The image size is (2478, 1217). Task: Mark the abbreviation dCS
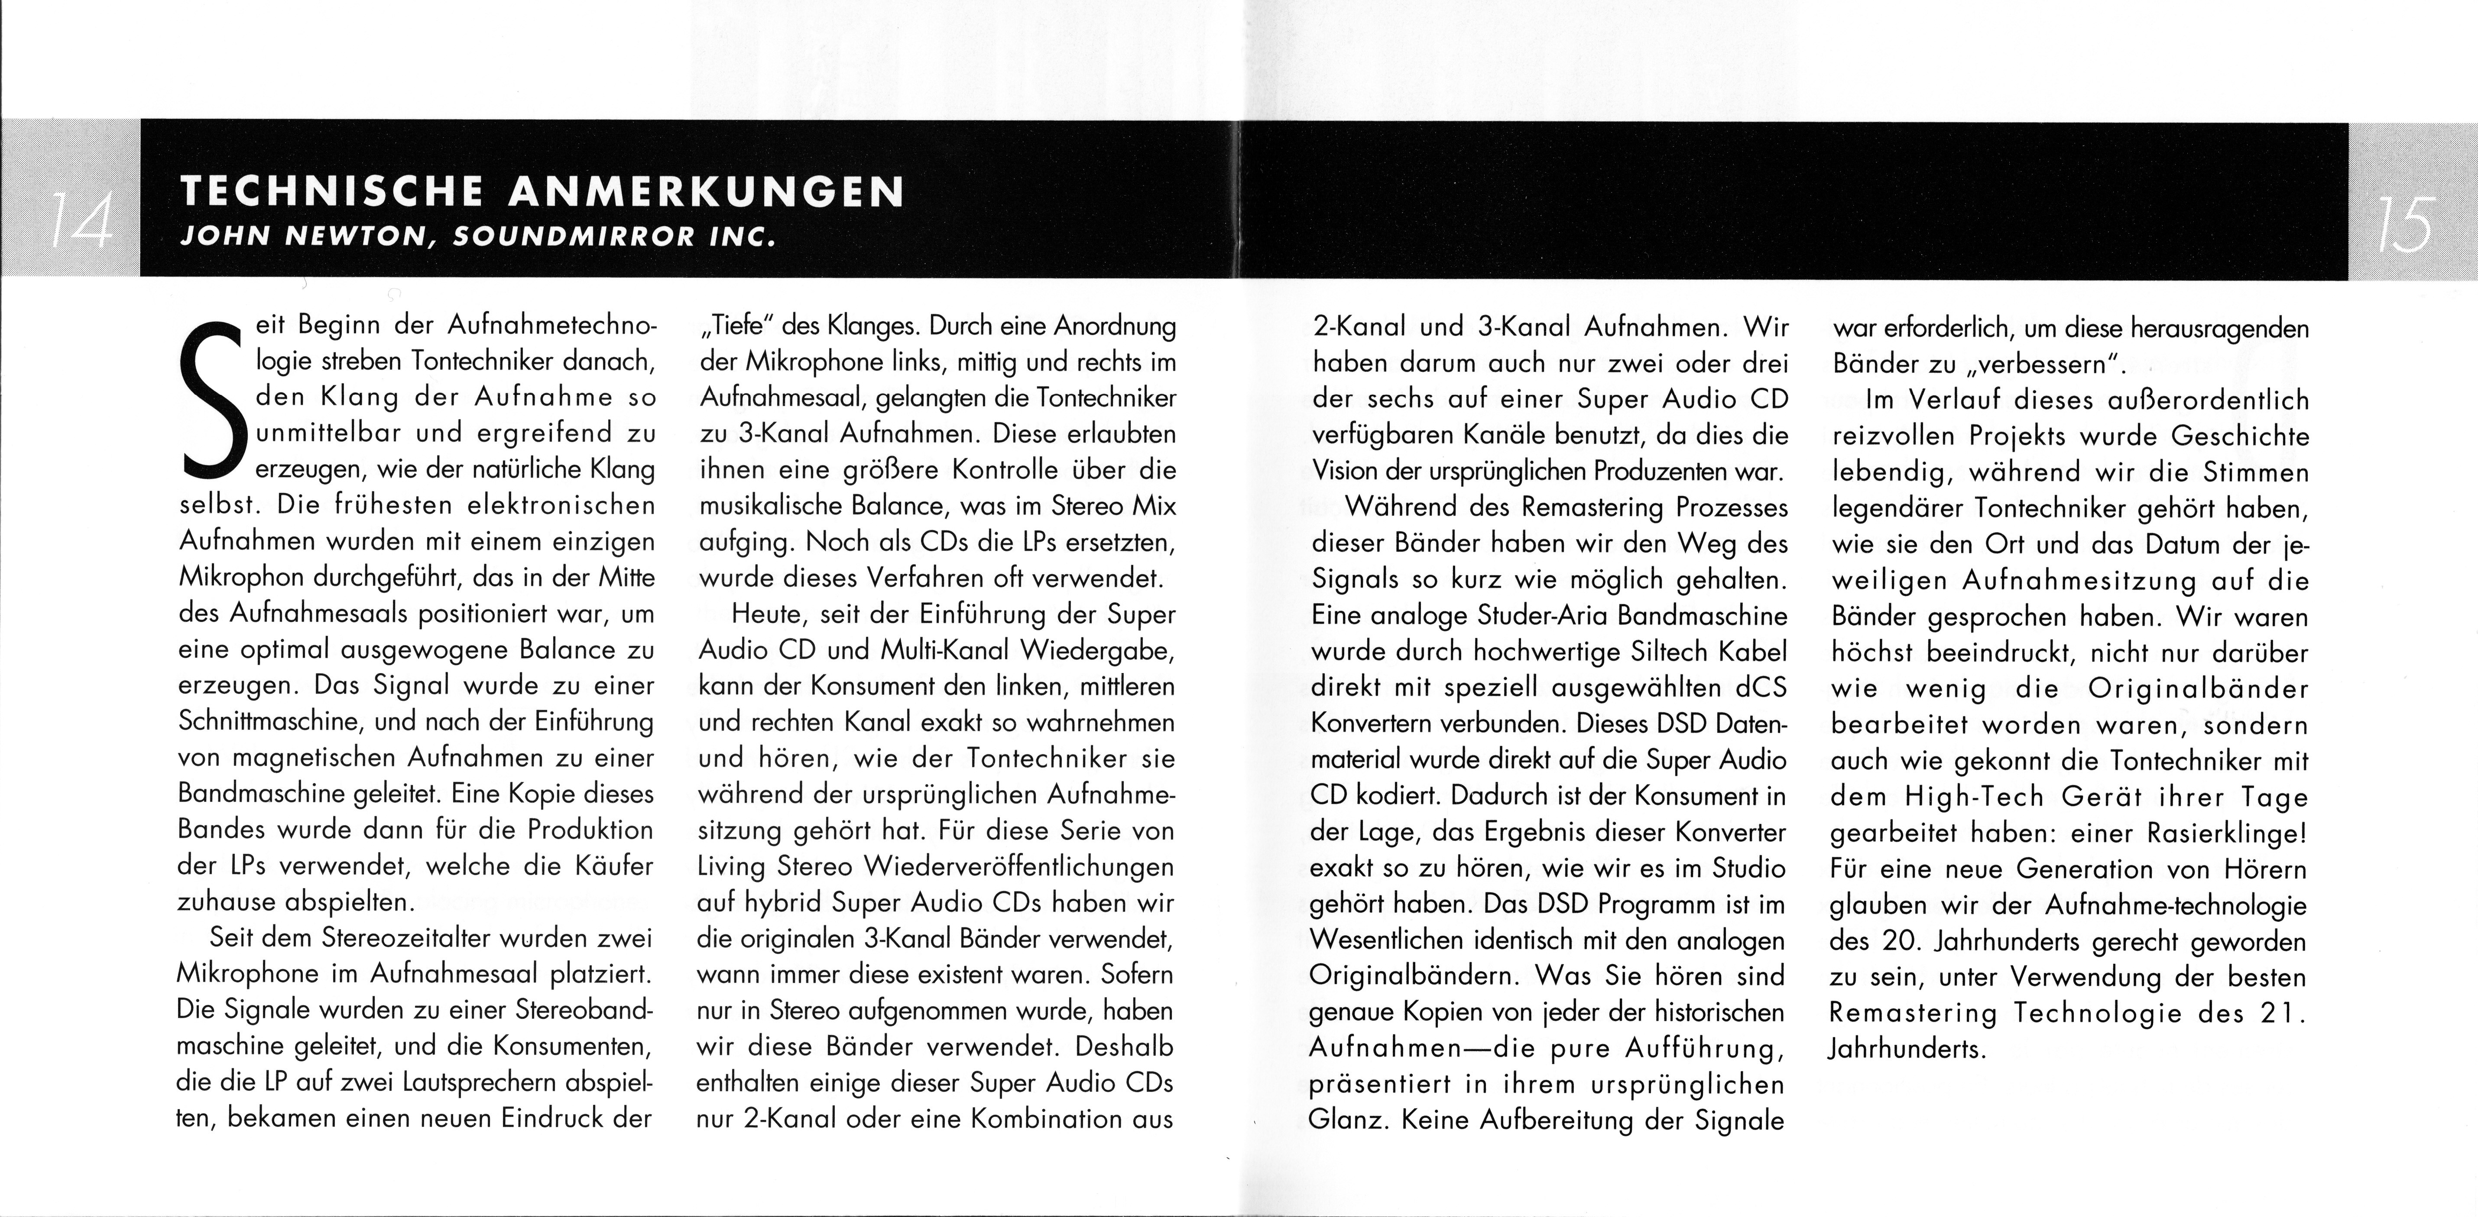(1757, 688)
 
